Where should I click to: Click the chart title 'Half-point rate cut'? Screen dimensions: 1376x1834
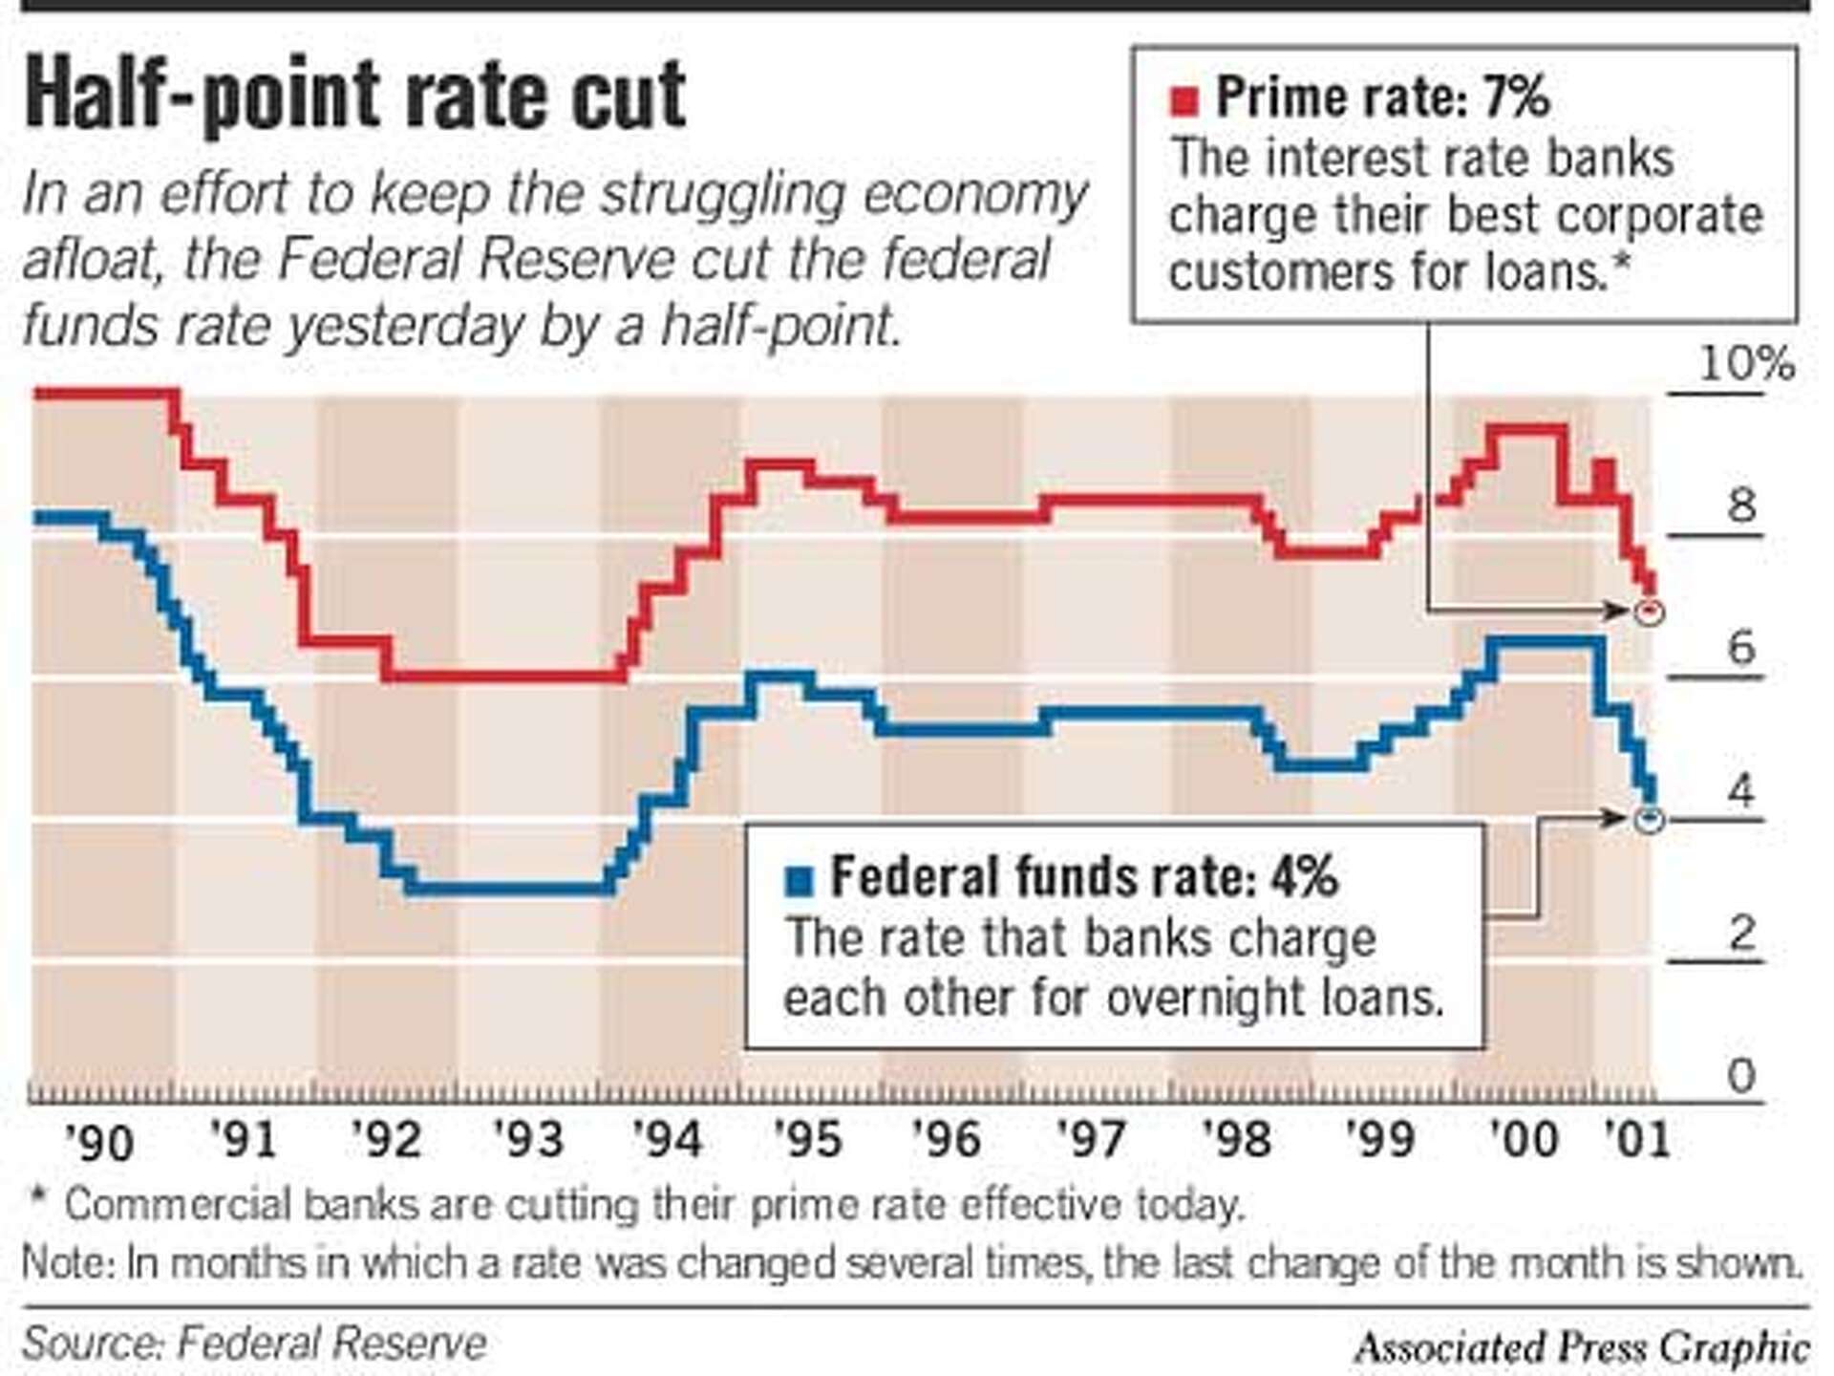[x=354, y=96]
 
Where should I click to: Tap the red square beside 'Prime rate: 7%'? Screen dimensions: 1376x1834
[x=1184, y=100]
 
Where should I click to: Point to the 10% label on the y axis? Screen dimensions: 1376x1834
[x=1745, y=364]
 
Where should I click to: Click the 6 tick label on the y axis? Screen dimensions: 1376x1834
[x=1741, y=649]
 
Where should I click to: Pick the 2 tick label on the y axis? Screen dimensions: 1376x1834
[x=1741, y=933]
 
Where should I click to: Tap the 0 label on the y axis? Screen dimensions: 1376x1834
[x=1741, y=1077]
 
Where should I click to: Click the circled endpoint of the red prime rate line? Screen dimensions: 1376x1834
[x=1649, y=612]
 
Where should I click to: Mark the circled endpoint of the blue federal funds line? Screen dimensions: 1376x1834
[x=1649, y=819]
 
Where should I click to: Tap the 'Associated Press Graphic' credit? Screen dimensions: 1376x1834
[x=1581, y=1348]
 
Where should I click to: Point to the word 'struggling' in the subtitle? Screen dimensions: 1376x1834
[x=708, y=195]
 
